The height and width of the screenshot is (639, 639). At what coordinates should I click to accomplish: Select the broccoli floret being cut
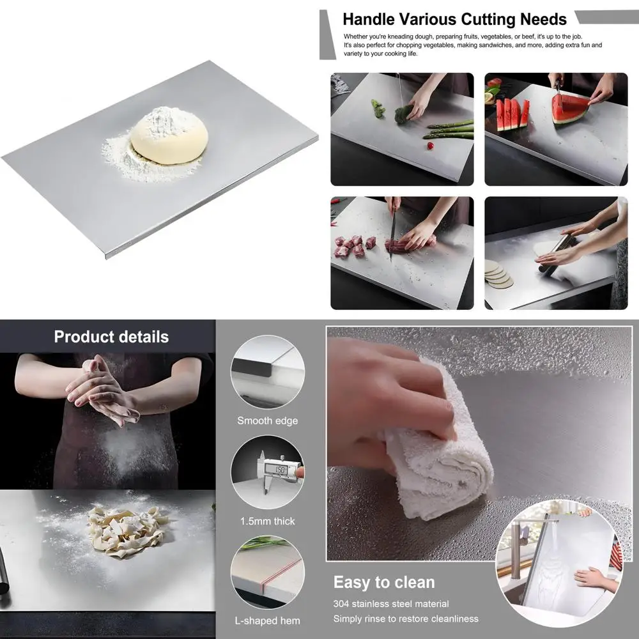click(x=403, y=114)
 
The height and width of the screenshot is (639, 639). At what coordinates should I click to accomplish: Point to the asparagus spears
click(x=451, y=129)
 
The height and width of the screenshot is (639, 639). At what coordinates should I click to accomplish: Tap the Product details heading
click(x=111, y=337)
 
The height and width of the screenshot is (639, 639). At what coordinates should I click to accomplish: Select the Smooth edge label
click(x=267, y=420)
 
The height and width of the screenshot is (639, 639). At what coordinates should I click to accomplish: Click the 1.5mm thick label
click(x=267, y=521)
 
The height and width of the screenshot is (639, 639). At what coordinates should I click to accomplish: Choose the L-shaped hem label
click(x=267, y=620)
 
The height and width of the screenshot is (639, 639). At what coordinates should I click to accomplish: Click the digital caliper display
click(x=279, y=470)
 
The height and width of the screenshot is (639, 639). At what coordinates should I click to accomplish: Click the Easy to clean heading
click(x=383, y=582)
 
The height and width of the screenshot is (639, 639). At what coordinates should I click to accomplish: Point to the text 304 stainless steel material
click(x=390, y=604)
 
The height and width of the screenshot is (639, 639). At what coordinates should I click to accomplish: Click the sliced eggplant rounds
click(x=498, y=274)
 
